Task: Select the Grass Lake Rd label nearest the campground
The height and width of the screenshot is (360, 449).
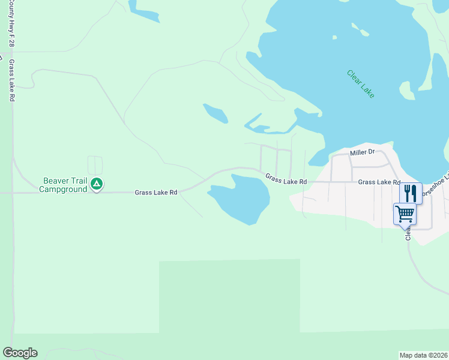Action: click(156, 193)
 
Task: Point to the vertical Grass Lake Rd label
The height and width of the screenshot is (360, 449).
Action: click(11, 80)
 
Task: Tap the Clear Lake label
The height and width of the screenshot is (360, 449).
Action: click(361, 84)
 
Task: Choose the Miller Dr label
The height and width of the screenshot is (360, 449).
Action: click(362, 152)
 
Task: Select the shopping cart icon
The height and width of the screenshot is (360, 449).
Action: click(405, 214)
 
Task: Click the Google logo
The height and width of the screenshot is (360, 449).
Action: click(20, 353)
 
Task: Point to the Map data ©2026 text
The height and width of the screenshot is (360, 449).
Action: click(423, 355)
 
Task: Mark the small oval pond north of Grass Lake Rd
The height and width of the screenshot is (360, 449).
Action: click(215, 113)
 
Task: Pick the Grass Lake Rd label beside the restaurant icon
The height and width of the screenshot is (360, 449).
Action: click(379, 182)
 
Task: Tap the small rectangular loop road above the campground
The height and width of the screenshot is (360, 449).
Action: click(95, 165)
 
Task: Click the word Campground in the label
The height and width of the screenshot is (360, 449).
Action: click(64, 189)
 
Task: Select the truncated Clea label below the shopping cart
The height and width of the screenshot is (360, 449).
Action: click(408, 232)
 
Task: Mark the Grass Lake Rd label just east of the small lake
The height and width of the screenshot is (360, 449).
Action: click(286, 179)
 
